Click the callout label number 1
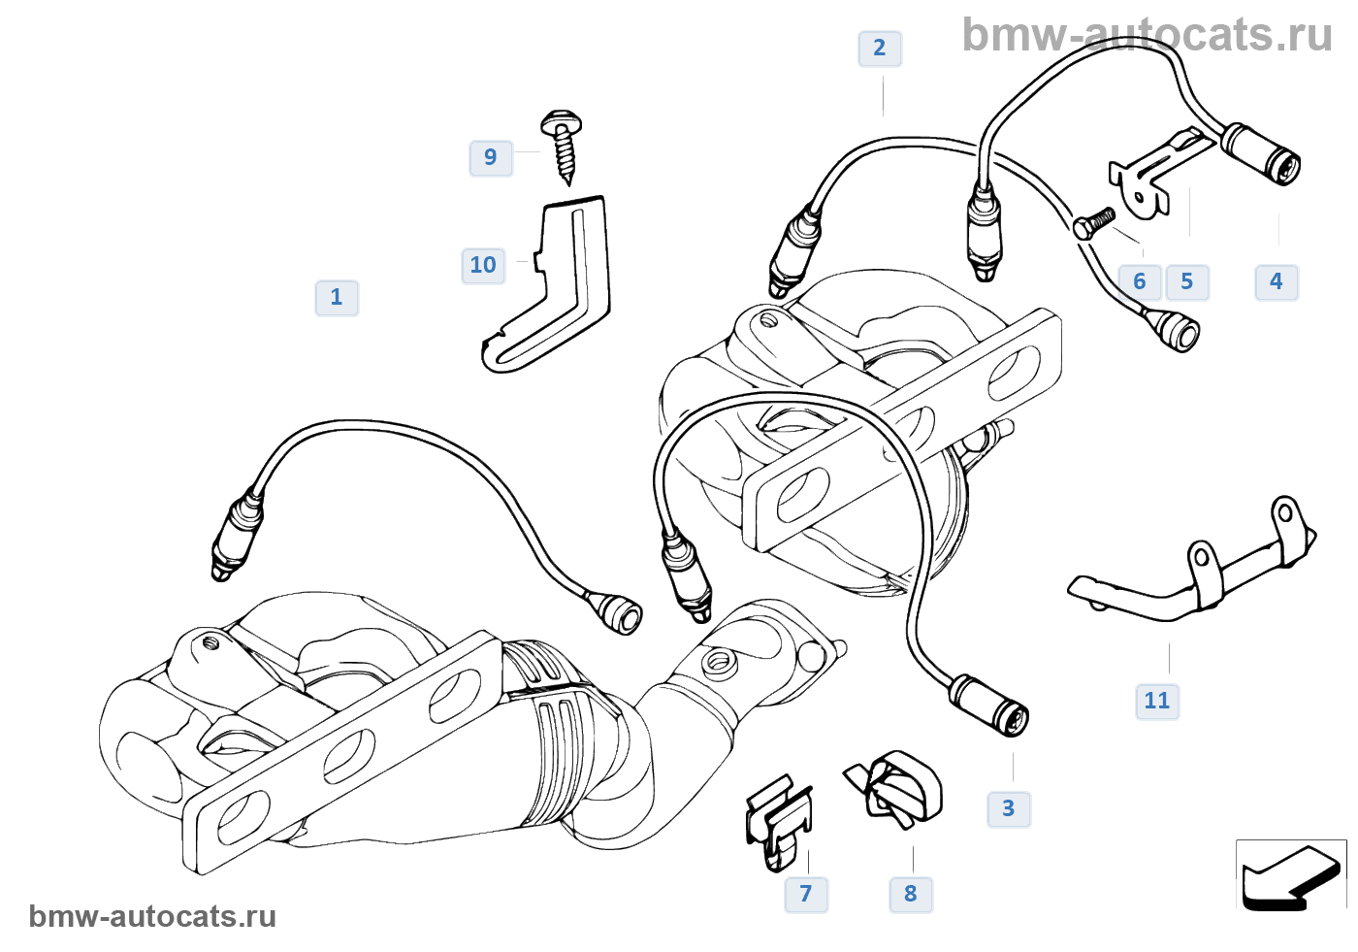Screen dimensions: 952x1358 pyautogui.click(x=337, y=298)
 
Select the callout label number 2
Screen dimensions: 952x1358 pyautogui.click(x=880, y=49)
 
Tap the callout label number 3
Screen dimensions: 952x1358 pyautogui.click(x=1009, y=809)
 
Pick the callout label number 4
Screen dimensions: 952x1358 pyautogui.click(x=1277, y=282)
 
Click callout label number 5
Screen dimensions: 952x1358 pyautogui.click(x=1187, y=282)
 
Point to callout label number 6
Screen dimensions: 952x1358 pyautogui.click(x=1140, y=282)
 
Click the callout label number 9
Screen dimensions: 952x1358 pyautogui.click(x=491, y=157)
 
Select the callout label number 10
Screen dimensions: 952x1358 pyautogui.click(x=483, y=266)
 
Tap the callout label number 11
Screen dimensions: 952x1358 pyautogui.click(x=1157, y=702)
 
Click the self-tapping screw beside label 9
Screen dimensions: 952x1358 pyautogui.click(x=562, y=145)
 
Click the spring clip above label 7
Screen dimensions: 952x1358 pyautogui.click(x=778, y=821)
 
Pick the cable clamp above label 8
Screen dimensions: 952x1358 pyautogui.click(x=897, y=786)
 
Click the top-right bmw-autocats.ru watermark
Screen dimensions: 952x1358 pyautogui.click(x=1147, y=35)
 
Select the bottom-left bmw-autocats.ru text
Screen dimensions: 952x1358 pyautogui.click(x=152, y=917)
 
